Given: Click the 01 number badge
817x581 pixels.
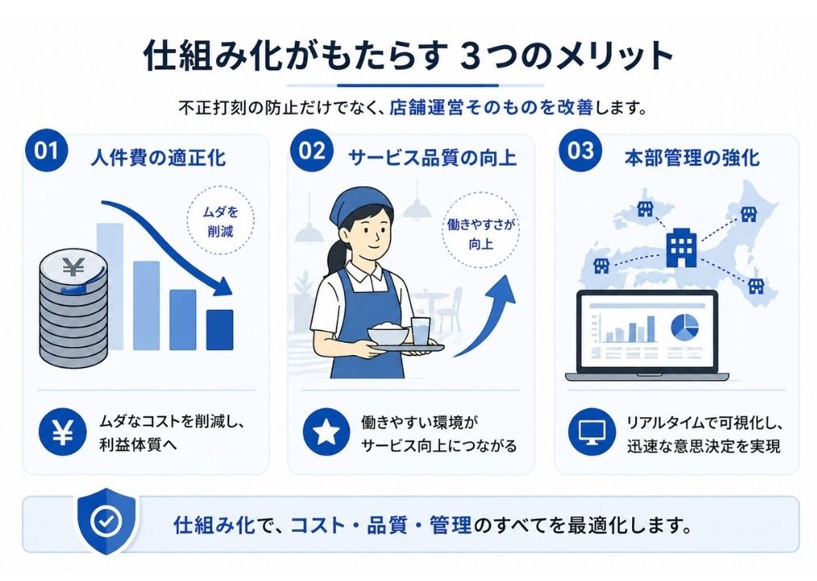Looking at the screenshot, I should click(x=47, y=153).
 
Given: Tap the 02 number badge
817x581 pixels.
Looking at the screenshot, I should click(x=312, y=153).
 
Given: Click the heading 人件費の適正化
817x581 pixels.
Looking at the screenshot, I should click(x=157, y=157).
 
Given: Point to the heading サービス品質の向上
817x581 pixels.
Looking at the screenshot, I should click(x=432, y=157).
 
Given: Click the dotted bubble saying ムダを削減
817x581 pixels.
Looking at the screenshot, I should click(x=220, y=222).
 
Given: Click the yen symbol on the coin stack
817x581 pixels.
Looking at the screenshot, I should click(x=73, y=267).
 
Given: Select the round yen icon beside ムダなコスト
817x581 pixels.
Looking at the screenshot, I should click(x=62, y=434).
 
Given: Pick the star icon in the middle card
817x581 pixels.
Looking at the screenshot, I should click(x=326, y=434).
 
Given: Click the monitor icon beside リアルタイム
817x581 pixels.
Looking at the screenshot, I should click(x=592, y=434).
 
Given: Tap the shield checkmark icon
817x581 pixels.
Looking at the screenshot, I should click(x=106, y=523).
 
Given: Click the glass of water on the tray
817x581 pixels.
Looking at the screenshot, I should click(x=420, y=331).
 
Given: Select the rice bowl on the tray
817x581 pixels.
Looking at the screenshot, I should click(x=386, y=334).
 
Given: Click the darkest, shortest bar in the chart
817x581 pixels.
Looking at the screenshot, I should click(x=220, y=329).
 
